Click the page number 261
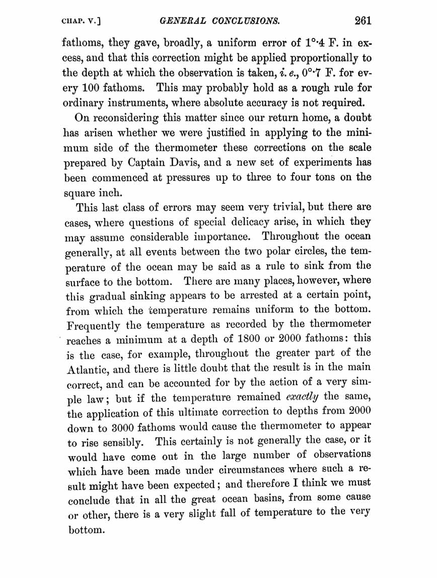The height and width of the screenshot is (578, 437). [x=362, y=21]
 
